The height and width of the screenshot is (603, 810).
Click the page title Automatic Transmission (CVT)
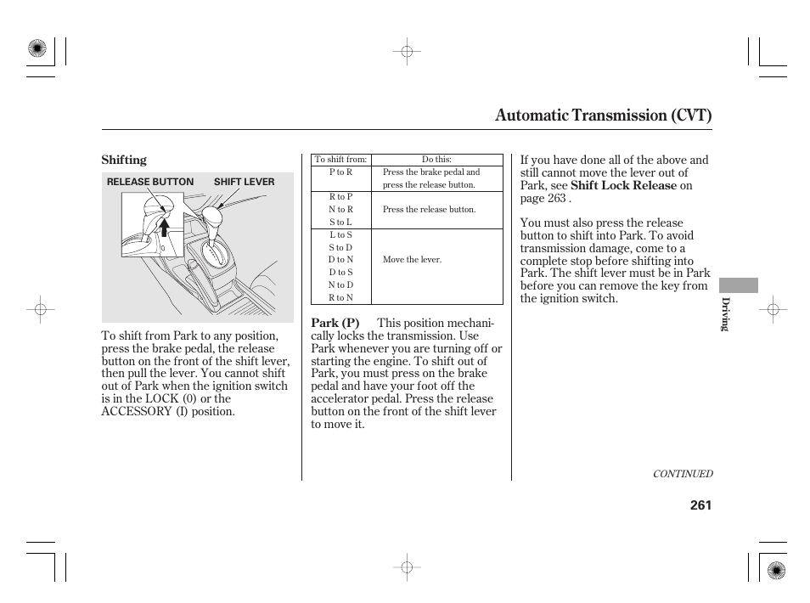pos(603,115)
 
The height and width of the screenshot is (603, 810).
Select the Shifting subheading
pos(124,160)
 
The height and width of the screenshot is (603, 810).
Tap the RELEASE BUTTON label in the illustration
pos(150,182)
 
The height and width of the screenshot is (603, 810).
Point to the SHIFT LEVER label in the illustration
pos(244,182)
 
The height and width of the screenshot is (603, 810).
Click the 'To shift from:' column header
pos(340,159)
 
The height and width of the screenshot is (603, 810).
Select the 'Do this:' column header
pos(436,159)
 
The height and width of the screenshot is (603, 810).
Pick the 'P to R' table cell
pos(340,172)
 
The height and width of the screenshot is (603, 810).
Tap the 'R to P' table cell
pos(340,197)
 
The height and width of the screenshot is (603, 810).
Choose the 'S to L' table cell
pos(340,222)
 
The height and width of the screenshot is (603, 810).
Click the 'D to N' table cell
pos(340,260)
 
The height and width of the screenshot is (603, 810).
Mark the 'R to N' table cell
pos(340,298)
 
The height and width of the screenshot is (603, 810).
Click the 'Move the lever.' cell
pos(412,260)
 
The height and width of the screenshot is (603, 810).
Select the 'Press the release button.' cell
pos(429,209)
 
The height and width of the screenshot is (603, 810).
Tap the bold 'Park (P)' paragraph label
pos(335,323)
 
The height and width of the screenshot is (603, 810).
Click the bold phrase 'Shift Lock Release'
pos(623,185)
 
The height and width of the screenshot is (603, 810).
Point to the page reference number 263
pos(556,198)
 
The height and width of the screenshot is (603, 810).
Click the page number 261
pos(700,504)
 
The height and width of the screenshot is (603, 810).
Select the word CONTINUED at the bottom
pos(682,474)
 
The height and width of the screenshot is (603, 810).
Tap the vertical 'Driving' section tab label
pos(726,314)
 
